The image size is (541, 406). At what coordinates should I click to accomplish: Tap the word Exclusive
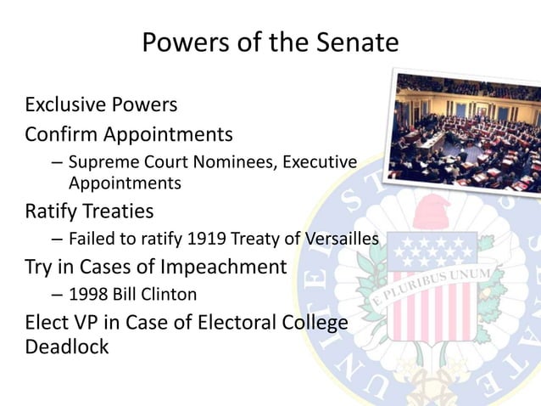click(x=64, y=105)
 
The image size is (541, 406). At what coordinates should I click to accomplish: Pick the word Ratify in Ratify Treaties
click(x=52, y=209)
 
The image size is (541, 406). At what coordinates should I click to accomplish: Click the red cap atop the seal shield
click(x=433, y=210)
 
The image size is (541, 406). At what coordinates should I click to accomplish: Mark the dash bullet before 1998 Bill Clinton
click(x=56, y=296)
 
